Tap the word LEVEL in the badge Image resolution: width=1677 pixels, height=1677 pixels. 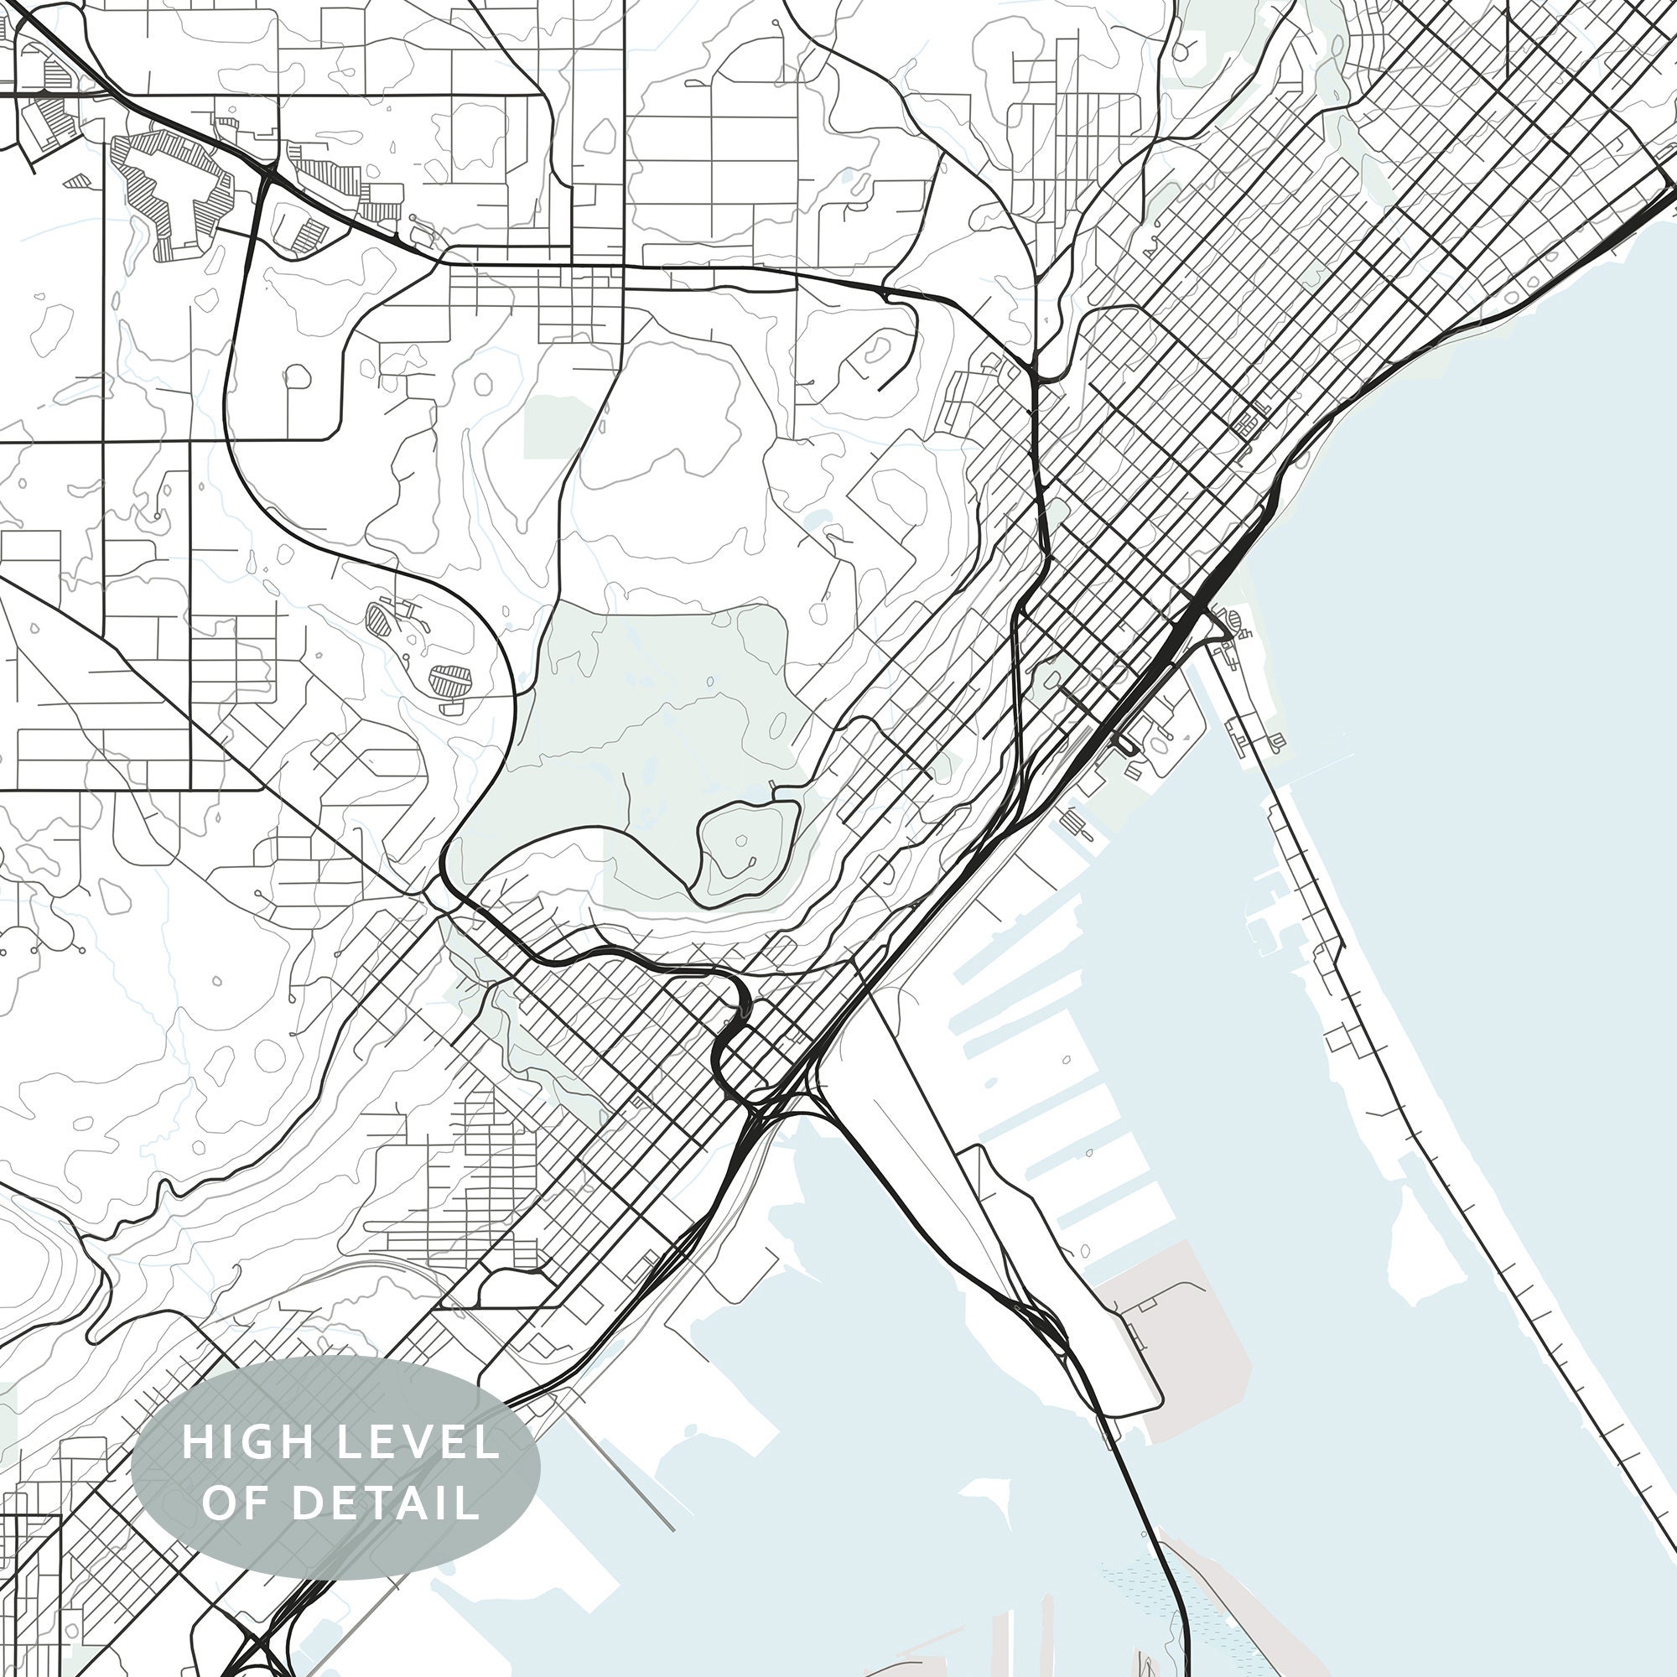[x=418, y=1441]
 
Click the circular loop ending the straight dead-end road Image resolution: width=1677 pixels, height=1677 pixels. [x=297, y=376]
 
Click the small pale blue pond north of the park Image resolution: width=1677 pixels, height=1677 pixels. [x=817, y=521]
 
